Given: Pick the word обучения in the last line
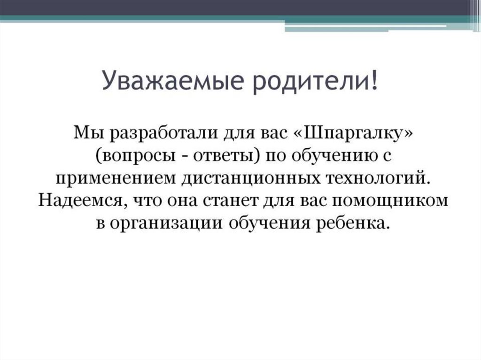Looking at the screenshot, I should coord(270,223).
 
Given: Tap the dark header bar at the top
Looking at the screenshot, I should coord(235,7).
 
